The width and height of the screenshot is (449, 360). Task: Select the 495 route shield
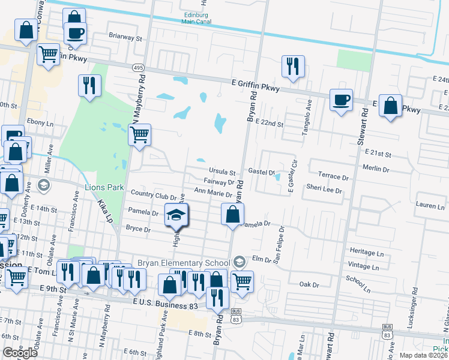[137, 68]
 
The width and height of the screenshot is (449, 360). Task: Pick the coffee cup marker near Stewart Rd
[341, 100]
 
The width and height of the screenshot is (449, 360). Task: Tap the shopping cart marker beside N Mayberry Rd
[139, 135]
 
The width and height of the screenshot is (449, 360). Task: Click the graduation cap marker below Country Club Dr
[176, 216]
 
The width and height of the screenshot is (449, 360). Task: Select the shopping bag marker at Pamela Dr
[232, 215]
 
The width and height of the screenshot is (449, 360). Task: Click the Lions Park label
[104, 188]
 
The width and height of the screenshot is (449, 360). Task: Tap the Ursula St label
[222, 170]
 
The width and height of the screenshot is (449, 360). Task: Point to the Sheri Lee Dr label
[324, 190]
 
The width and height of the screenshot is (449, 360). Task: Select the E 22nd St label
[269, 122]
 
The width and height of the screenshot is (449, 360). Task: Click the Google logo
[20, 353]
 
